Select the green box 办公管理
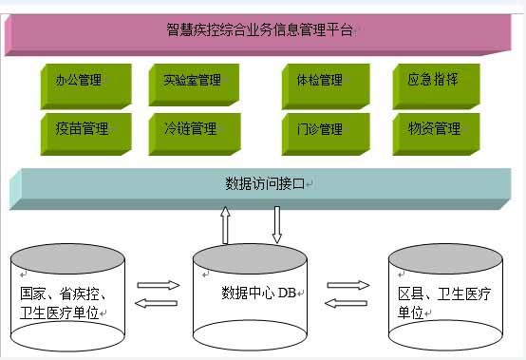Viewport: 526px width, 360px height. click(80, 81)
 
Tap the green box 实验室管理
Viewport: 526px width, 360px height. click(189, 81)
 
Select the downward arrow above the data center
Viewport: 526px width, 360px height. click(278, 225)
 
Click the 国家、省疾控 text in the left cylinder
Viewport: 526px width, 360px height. click(69, 293)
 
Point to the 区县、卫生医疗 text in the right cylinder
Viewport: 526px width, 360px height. click(449, 293)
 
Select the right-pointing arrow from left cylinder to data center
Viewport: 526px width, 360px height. click(159, 284)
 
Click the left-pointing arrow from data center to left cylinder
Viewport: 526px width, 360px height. click(156, 303)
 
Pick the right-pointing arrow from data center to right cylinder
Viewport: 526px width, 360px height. click(348, 284)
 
